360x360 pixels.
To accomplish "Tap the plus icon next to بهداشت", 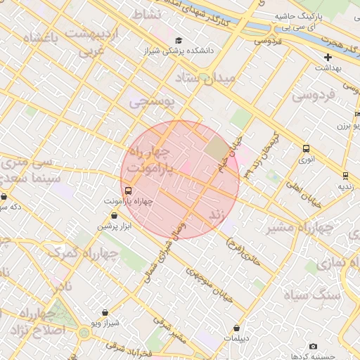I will point(328,56).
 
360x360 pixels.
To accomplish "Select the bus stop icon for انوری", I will point(305,148).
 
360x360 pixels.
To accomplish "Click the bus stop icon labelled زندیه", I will point(345,175).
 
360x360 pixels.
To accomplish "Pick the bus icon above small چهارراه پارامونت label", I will point(128,191).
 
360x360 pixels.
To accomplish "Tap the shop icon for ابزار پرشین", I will point(114,215).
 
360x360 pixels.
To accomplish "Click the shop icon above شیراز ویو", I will point(105,312).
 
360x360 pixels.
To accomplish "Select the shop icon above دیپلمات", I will point(237,328).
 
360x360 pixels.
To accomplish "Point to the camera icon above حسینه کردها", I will point(313,346).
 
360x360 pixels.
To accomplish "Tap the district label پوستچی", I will point(149,103).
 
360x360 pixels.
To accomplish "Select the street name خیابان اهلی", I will point(303,193).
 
